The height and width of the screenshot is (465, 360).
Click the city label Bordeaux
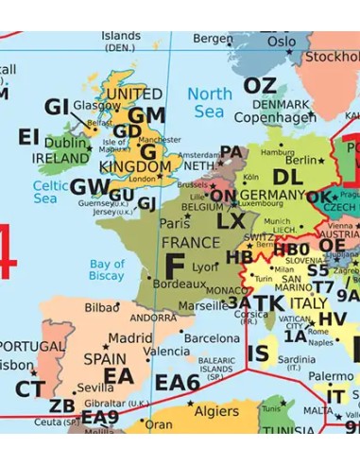[x=180, y=284]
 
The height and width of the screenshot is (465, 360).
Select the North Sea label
[x=209, y=102]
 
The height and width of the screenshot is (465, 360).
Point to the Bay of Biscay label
[x=107, y=269]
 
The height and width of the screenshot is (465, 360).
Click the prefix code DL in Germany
[x=286, y=176]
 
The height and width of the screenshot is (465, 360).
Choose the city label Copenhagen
[x=274, y=117]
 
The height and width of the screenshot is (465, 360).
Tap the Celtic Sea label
[x=51, y=192]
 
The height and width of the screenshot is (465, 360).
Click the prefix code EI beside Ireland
[x=28, y=137]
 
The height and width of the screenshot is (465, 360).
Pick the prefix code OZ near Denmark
[x=260, y=86]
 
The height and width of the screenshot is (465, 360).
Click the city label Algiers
[x=216, y=412]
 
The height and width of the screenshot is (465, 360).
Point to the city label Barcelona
[x=212, y=337]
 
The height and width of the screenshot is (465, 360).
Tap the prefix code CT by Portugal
[x=29, y=388]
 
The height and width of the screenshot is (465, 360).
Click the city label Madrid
[x=130, y=337]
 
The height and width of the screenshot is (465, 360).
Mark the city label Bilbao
[x=102, y=307]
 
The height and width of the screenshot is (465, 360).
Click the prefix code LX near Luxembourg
[x=230, y=221]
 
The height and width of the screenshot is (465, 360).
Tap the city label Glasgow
[x=96, y=105]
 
